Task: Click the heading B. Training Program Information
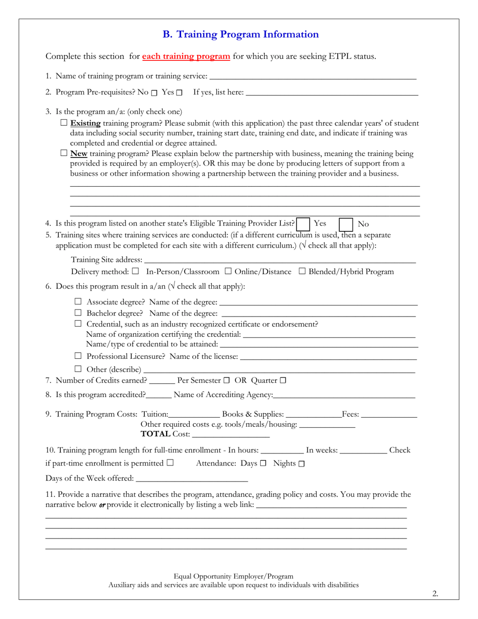240,34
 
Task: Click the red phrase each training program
186,56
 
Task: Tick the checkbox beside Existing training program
64,122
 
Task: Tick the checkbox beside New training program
64,153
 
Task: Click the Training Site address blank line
279,260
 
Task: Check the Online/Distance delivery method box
228,271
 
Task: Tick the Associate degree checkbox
78,302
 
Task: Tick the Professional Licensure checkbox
78,356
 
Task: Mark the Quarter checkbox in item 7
283,380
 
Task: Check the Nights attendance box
301,463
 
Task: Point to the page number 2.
435,594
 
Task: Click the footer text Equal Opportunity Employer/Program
233,576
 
